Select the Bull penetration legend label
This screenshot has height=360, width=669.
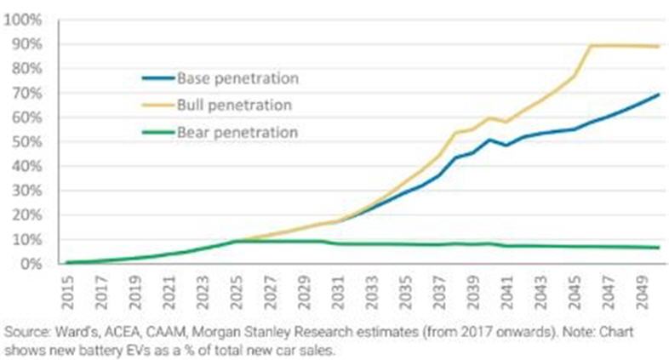[234, 106]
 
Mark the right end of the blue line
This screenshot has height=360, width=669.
[658, 94]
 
